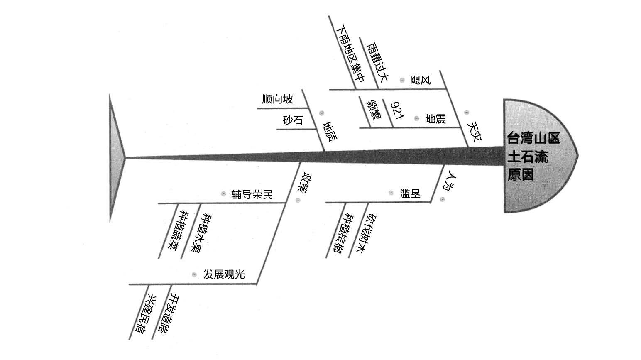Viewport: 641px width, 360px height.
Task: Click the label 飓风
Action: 420,80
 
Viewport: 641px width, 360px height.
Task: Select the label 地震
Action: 435,119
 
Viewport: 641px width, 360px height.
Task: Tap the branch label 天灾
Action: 474,132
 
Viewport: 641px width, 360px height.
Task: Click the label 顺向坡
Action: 278,99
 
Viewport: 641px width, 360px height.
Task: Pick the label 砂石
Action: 293,120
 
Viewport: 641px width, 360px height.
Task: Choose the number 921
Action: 397,110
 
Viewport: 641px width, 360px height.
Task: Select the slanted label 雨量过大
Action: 377,62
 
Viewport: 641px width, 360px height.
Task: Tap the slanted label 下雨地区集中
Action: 350,54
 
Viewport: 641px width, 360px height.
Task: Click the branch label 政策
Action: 303,184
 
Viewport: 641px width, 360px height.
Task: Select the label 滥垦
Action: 410,194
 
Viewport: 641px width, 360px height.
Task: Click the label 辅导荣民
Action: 252,195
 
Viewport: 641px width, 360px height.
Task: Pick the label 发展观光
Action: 224,274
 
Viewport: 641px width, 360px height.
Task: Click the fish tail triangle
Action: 117,158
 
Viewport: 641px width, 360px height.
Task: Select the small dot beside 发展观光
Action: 194,275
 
